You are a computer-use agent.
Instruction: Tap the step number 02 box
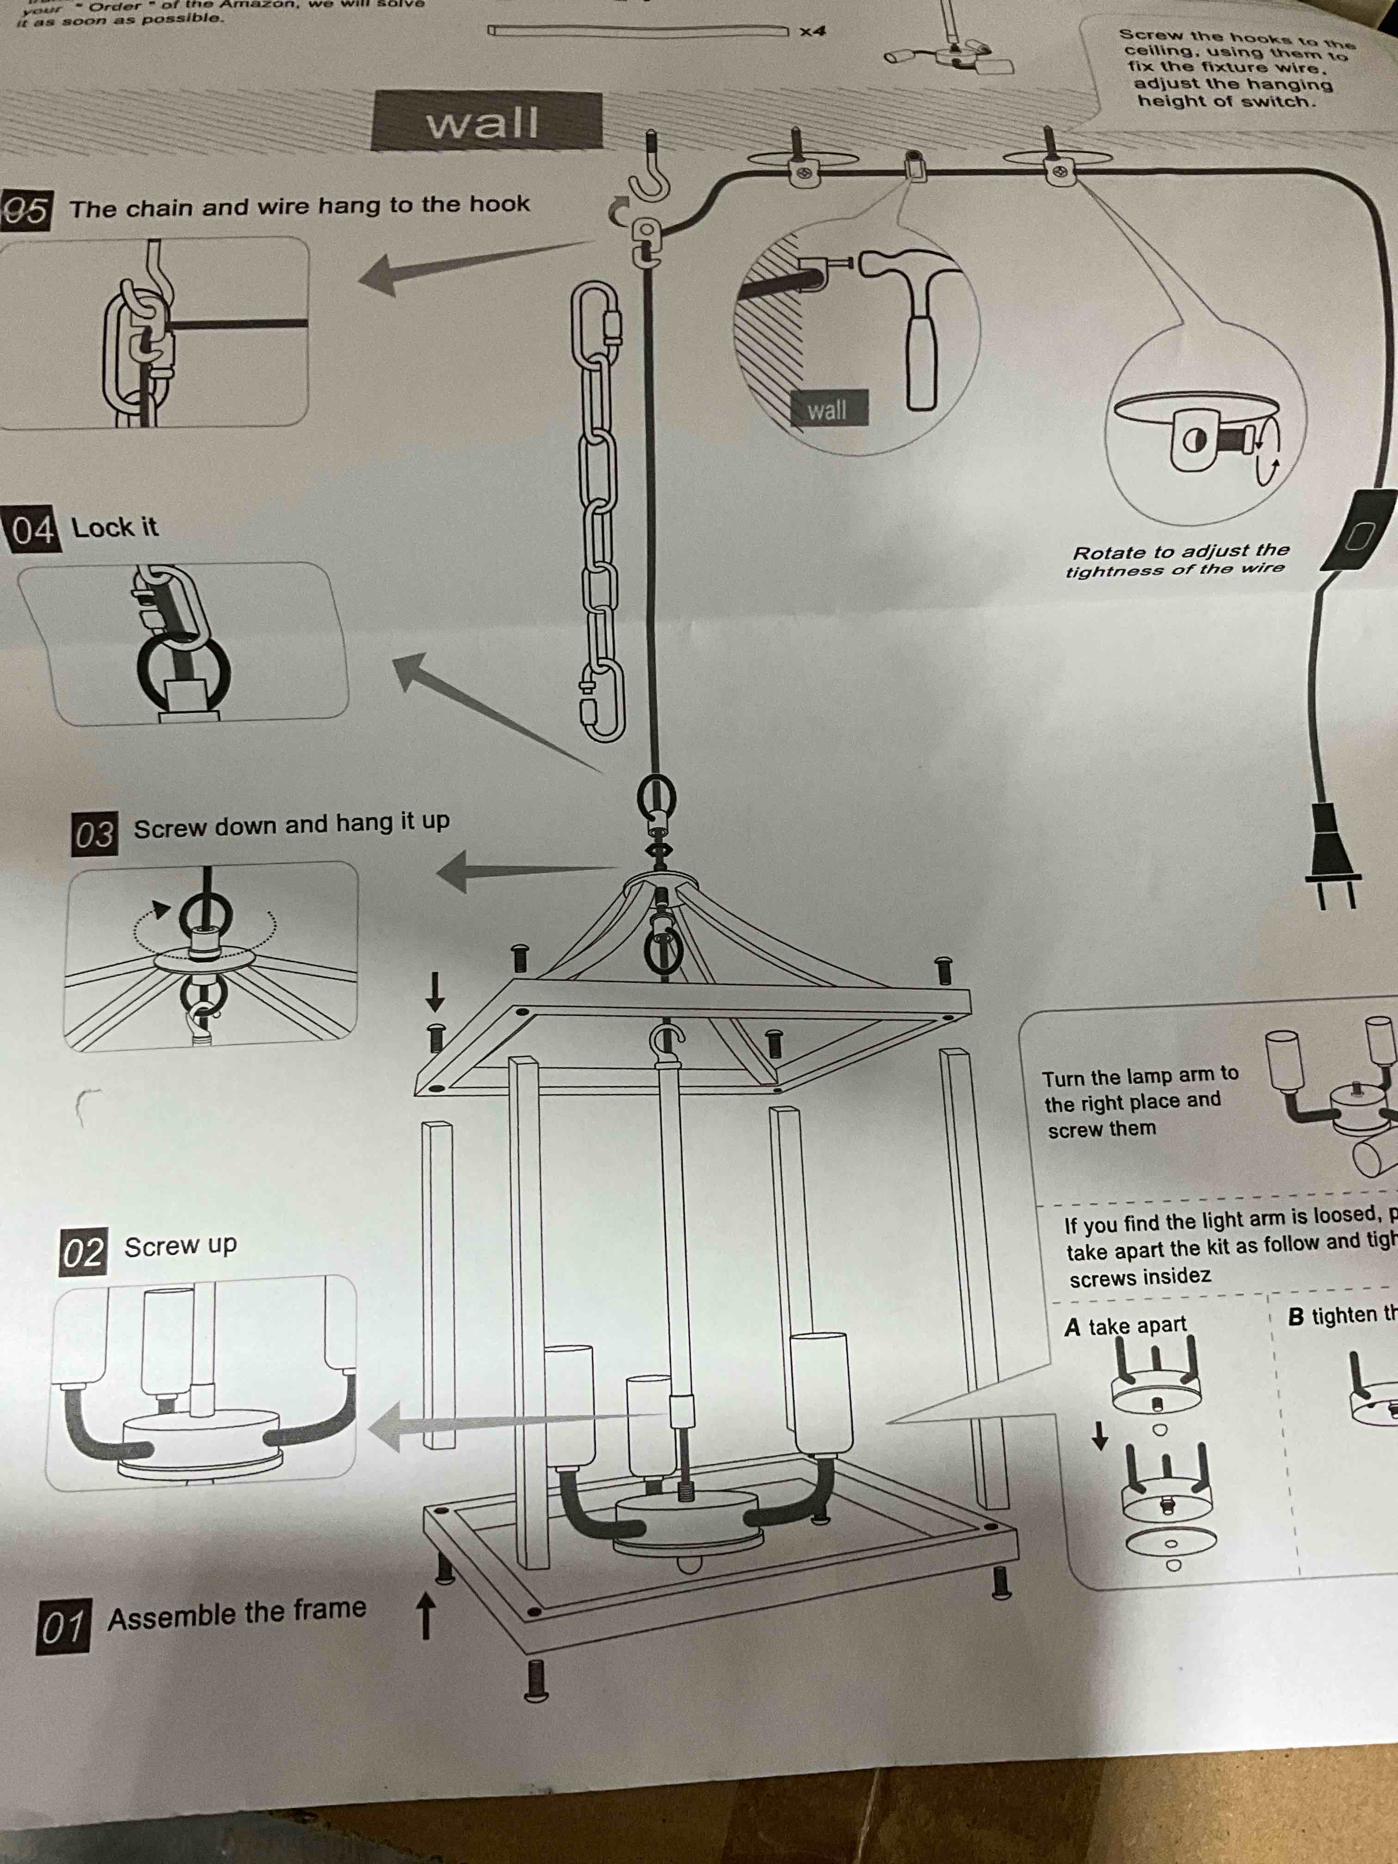point(83,1252)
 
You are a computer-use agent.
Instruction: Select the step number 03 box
point(94,835)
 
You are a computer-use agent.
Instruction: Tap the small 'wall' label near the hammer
point(827,411)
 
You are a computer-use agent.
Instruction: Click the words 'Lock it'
point(115,527)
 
